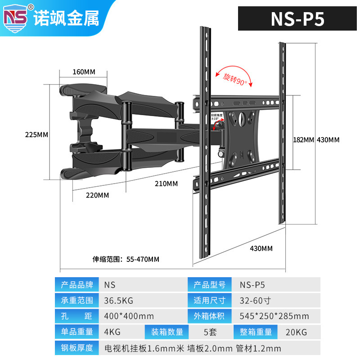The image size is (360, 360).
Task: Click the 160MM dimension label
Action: [84, 72]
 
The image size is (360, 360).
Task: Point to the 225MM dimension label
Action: [36, 135]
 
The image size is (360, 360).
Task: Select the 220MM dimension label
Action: [97, 195]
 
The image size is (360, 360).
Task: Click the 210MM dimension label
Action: [166, 184]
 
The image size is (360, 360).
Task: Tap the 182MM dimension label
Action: [303, 139]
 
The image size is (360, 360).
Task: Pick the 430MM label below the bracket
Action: [261, 248]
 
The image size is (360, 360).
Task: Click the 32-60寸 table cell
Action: [255, 300]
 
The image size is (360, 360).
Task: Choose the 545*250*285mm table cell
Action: [274, 316]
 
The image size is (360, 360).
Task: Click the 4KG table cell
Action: [112, 332]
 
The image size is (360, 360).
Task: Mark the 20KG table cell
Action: [296, 332]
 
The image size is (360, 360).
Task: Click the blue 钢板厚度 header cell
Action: [77, 348]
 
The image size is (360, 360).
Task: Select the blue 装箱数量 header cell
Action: [167, 332]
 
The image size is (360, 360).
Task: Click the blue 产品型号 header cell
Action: [210, 284]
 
